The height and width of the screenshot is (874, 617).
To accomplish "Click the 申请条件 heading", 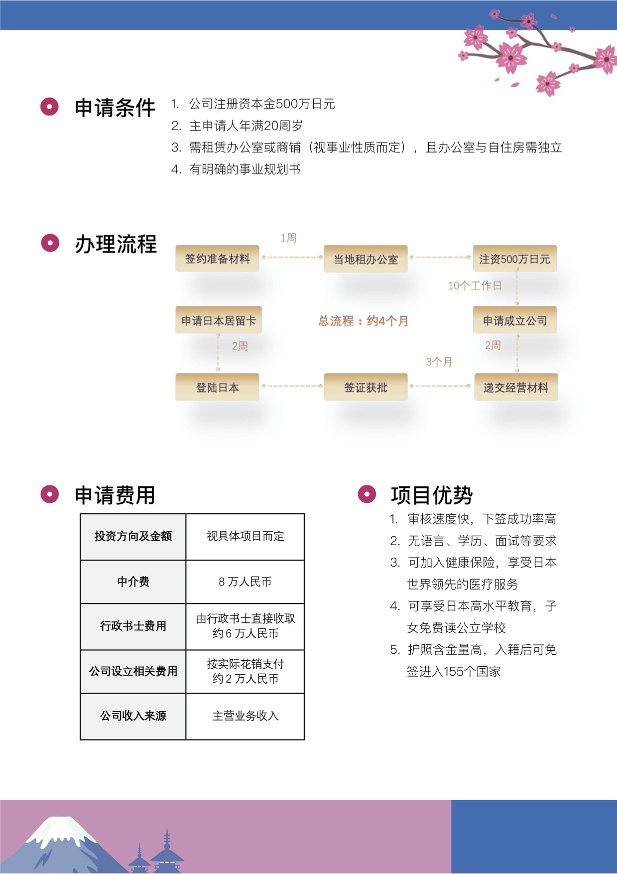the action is [x=115, y=108].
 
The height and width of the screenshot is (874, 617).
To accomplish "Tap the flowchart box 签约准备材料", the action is [x=217, y=258].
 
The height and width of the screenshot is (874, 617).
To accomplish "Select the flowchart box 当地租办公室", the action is [x=366, y=259].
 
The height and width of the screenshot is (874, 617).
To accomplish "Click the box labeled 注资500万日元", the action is [x=514, y=259].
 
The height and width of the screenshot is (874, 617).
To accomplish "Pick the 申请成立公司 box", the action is [x=514, y=320].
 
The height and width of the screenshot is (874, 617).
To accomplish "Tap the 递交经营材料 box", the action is [x=516, y=387].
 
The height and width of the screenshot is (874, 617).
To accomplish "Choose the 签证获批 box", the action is [x=366, y=387].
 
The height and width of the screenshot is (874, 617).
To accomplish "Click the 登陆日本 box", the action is [x=217, y=387].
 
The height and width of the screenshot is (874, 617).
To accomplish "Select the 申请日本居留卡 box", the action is [x=219, y=320].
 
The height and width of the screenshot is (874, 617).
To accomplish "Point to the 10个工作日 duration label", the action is [x=475, y=286].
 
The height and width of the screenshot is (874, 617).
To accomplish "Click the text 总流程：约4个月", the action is [x=364, y=321].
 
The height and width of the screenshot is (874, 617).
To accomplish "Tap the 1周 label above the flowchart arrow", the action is [x=288, y=238].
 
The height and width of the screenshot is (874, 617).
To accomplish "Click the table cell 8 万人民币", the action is [x=245, y=582].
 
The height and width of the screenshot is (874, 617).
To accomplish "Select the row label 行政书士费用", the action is [x=133, y=626].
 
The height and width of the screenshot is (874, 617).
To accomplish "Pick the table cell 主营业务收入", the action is [x=245, y=716].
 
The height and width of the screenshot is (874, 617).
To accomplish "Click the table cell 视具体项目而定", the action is [x=245, y=536].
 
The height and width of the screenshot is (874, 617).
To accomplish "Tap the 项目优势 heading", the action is [x=432, y=495].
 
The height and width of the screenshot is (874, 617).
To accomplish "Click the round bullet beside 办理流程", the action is [x=50, y=243].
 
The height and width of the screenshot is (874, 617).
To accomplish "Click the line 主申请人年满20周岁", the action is [x=237, y=126].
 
